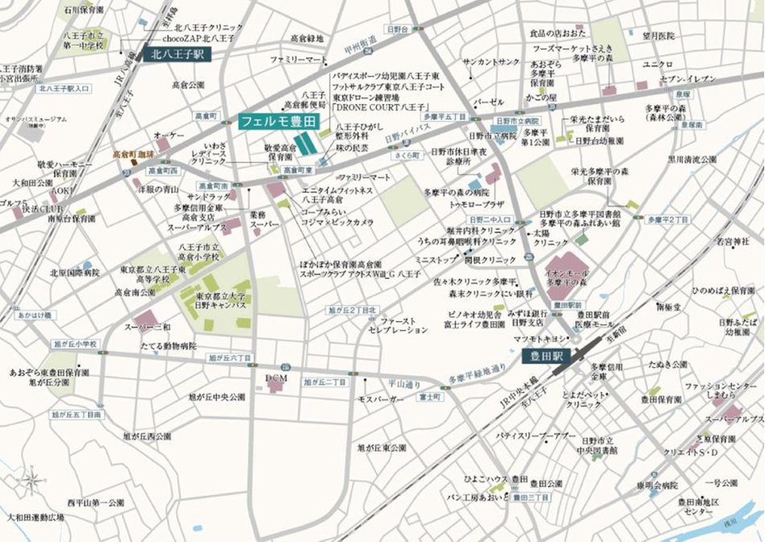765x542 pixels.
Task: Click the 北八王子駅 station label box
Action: coord(177,55)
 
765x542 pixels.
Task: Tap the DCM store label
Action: coord(276,376)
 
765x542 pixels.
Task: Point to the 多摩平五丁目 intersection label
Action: coord(445,116)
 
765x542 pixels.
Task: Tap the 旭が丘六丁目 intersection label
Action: coord(230,356)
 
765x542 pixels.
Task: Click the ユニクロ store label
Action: coord(658,64)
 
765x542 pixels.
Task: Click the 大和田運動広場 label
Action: coord(36,516)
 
